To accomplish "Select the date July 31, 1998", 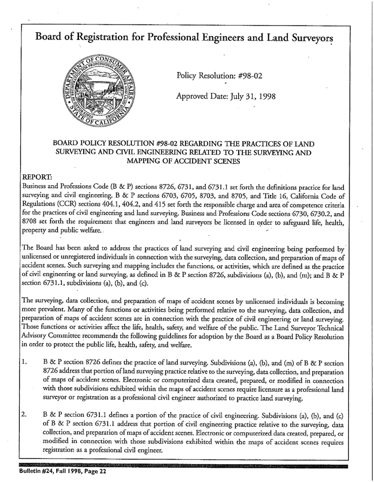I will click(249, 96).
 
